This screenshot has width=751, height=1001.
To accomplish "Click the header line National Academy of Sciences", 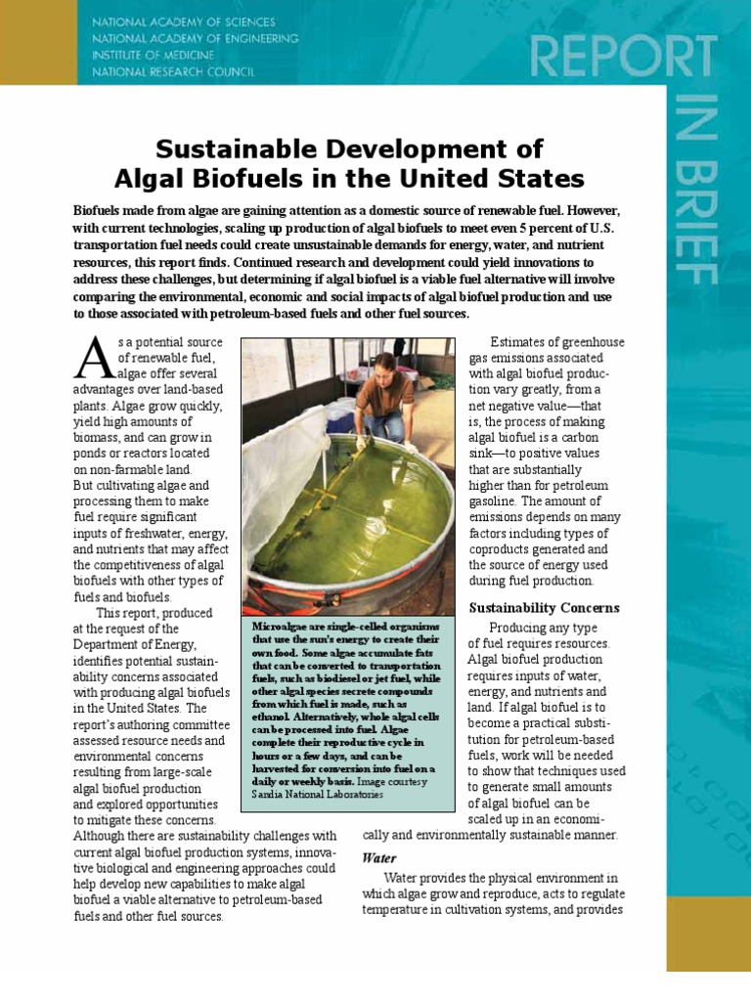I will click(183, 22).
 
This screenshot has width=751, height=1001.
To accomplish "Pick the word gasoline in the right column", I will click(499, 500).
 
